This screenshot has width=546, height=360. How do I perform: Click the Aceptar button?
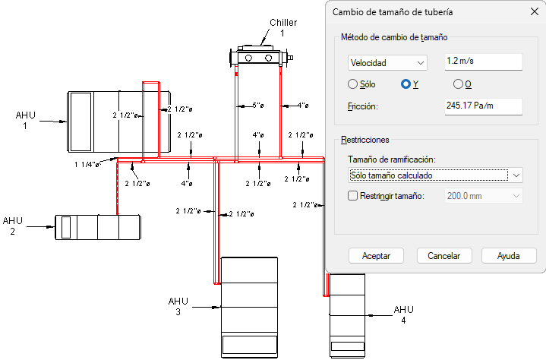point(376,256)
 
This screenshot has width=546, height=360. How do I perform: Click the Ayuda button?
point(509,256)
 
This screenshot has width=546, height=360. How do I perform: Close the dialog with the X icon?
point(535,11)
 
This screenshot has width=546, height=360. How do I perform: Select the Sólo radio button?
point(353,84)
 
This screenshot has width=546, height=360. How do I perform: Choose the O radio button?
point(458,84)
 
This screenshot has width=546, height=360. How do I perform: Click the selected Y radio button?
point(406,84)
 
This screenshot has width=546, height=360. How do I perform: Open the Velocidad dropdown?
point(387,63)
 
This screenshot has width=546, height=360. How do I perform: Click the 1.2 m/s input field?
point(483,62)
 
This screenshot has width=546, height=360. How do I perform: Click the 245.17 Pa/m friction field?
point(483,106)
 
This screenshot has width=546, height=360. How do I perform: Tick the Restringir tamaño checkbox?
point(353,196)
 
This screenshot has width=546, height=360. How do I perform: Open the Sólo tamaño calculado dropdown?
point(435,175)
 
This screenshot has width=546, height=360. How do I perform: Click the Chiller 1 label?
point(283,28)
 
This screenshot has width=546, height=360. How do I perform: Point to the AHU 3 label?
point(178,306)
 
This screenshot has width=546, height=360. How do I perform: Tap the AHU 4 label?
point(403,314)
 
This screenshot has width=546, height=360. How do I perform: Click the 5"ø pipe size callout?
point(258,105)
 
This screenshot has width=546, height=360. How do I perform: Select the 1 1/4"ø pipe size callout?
point(87,164)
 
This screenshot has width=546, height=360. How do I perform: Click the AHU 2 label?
point(13,226)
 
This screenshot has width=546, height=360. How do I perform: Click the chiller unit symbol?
point(261,55)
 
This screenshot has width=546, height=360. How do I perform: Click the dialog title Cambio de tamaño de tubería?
point(393,12)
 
